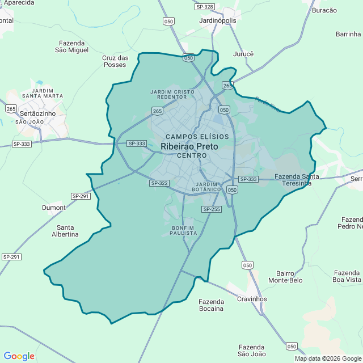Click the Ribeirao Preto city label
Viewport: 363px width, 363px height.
point(189,146)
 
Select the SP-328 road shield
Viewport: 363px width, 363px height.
point(205,7)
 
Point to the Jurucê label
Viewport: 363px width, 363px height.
point(243,54)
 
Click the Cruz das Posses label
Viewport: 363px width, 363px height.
point(115,61)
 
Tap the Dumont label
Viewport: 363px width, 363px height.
point(54,208)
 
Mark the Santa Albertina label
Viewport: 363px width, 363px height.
point(65,231)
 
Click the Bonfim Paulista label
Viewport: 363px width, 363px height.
point(183,230)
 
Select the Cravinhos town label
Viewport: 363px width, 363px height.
point(252,299)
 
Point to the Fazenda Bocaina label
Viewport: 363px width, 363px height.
point(211,305)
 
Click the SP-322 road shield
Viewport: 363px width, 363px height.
point(159,183)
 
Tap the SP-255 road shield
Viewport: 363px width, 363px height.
point(211,209)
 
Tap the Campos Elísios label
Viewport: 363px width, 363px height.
point(197,137)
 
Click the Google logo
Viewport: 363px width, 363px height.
point(19,356)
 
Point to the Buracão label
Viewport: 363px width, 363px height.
point(324,10)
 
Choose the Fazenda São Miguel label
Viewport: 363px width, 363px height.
point(71,47)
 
